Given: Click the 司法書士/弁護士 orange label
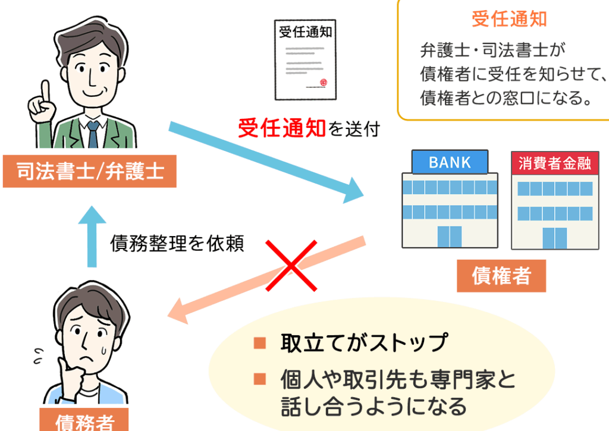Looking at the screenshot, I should pos(89,171).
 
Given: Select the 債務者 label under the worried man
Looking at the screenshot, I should pos(84,421).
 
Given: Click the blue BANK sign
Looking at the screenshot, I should pos(450,162).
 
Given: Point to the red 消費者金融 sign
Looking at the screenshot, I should pos(555,163).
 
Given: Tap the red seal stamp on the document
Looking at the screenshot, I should pos(324,82).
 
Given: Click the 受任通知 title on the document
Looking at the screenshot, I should pos(306,32).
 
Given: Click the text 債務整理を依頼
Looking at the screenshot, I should pos(177,244).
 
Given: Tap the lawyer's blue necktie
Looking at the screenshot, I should pos(93,134).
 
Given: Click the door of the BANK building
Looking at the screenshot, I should pos(450,236).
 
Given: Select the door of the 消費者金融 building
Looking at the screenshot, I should pos(555,238).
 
